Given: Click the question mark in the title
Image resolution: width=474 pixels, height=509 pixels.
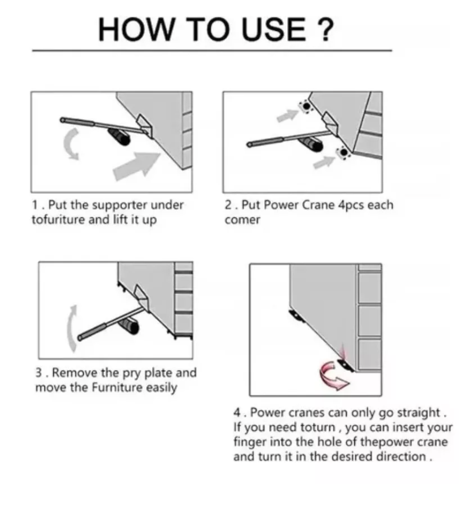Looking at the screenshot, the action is [x=324, y=29].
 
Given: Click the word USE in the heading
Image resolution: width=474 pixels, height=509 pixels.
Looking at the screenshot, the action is [x=274, y=29].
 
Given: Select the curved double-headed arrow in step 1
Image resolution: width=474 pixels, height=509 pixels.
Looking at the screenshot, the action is [x=72, y=144].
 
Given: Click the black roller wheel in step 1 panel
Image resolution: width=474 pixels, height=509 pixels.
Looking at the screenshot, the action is [x=119, y=137].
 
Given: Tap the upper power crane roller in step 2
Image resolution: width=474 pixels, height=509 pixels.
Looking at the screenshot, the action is [x=306, y=106].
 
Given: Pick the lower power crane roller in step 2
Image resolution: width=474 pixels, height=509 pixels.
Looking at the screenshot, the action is [x=343, y=152].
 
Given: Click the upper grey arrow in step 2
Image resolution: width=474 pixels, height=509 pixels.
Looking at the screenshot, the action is [x=287, y=115].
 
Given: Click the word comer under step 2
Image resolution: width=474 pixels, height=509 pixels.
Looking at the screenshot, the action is [x=242, y=220].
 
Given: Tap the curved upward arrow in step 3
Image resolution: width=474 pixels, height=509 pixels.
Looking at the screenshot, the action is [x=71, y=328].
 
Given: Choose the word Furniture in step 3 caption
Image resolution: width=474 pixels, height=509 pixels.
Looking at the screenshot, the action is [x=117, y=388].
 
